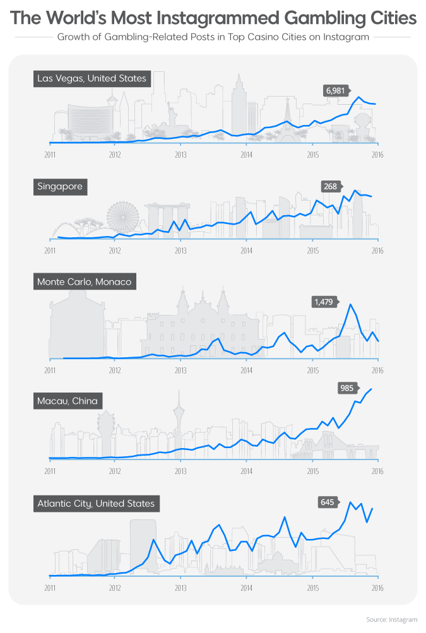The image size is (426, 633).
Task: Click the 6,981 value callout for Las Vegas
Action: coord(336,91)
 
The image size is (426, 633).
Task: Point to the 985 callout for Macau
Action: coord(346,388)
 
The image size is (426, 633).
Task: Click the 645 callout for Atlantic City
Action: coord(327,502)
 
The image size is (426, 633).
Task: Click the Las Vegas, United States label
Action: coord(92,79)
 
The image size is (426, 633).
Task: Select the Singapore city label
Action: coord(60,187)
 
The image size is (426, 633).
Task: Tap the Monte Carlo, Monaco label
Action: coord(85,281)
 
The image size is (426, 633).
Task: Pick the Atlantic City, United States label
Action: coord(96,504)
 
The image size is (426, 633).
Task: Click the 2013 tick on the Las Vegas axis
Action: coord(180,153)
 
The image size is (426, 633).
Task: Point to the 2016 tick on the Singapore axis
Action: coord(377,250)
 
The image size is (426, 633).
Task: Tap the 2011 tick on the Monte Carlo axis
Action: coord(50,370)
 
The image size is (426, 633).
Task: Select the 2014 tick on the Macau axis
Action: coord(246,471)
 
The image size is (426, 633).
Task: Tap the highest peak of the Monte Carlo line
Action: coord(350,305)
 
